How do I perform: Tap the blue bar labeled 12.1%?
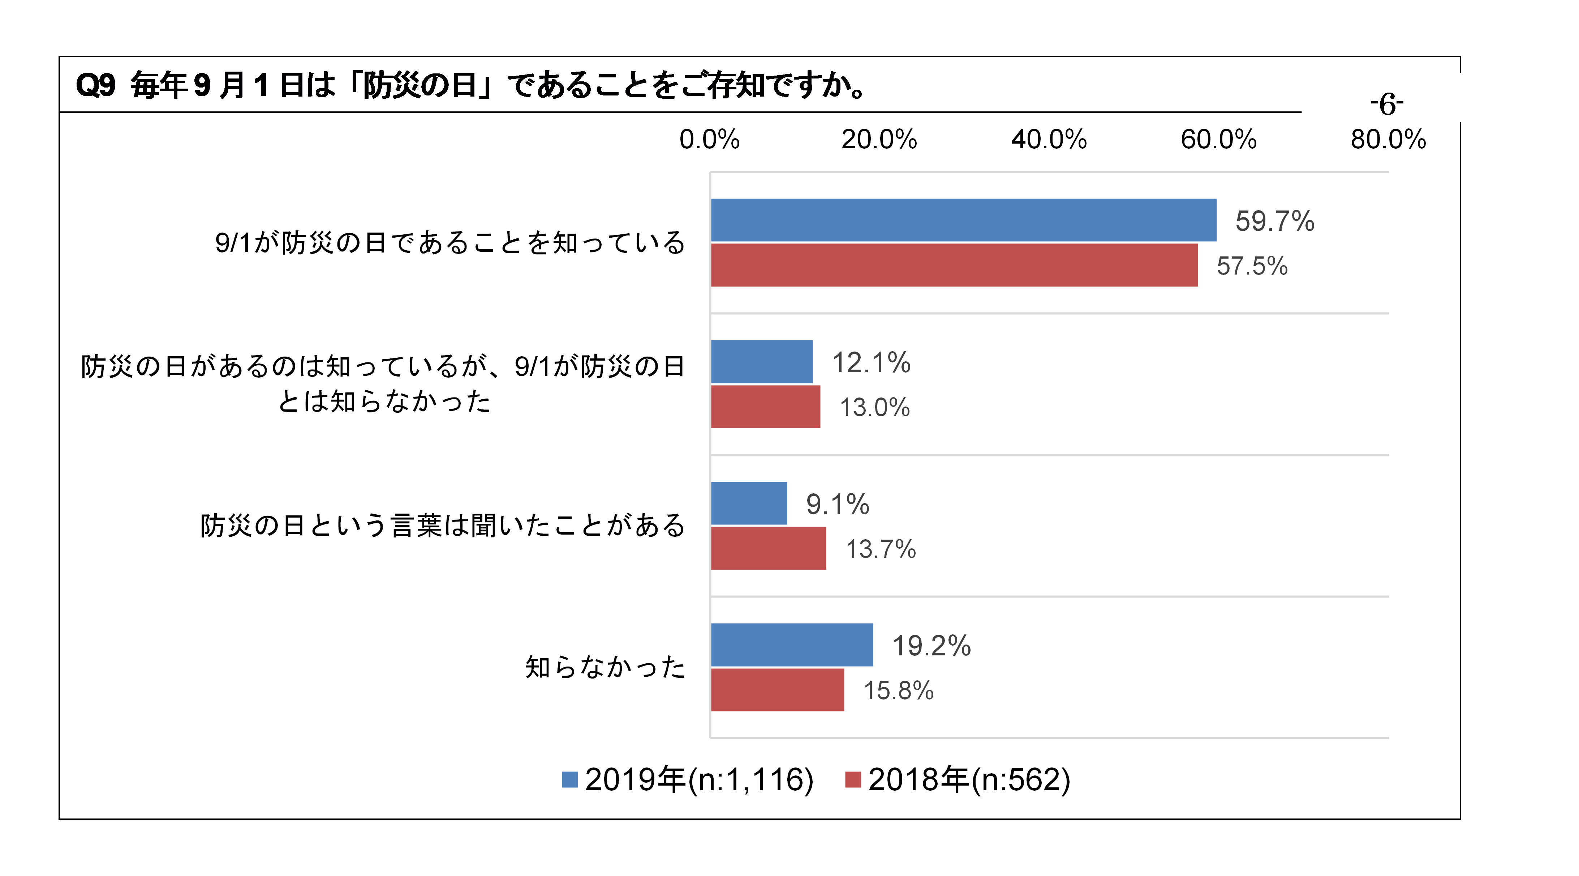click(761, 361)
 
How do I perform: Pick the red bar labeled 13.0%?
click(765, 407)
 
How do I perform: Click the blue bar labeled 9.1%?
click(748, 503)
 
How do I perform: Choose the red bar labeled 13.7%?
click(768, 548)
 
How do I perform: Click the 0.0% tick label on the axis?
click(709, 139)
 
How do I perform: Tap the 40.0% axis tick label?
click(1049, 139)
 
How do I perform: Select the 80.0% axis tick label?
click(1388, 139)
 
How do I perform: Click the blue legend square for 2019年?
click(569, 780)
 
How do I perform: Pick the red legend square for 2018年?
click(853, 780)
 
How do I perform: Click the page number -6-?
click(1386, 104)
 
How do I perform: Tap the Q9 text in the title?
click(95, 85)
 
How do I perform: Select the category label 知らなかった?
click(605, 667)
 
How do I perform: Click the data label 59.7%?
click(1274, 221)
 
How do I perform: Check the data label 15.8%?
click(898, 691)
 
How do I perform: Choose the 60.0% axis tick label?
click(1218, 139)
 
